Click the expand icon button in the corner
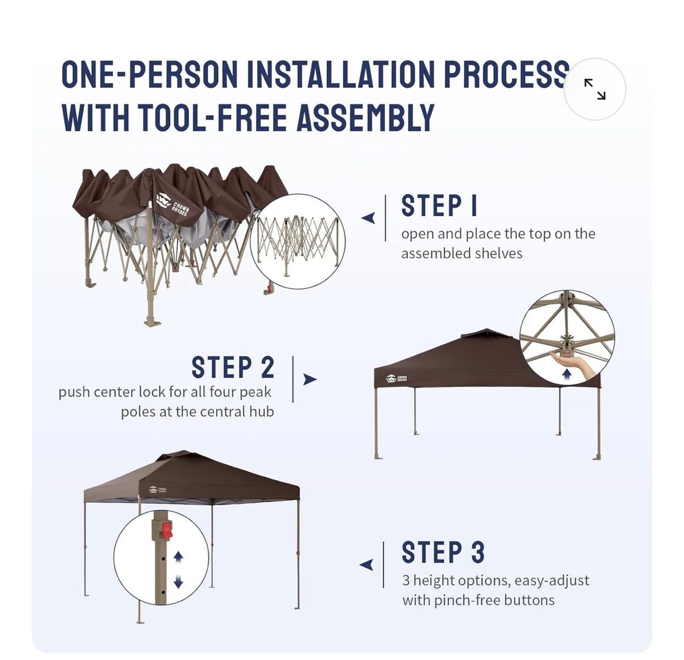[594, 89]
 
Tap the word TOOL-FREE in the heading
[212, 118]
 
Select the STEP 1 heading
[438, 205]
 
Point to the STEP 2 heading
[233, 367]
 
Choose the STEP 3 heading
[443, 552]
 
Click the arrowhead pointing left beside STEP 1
[368, 218]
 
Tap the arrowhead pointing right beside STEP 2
[310, 380]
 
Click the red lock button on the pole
[166, 530]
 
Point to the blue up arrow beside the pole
[179, 557]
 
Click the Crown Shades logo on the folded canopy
[174, 205]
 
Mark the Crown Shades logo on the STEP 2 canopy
[397, 379]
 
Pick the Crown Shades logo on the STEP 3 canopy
[158, 490]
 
